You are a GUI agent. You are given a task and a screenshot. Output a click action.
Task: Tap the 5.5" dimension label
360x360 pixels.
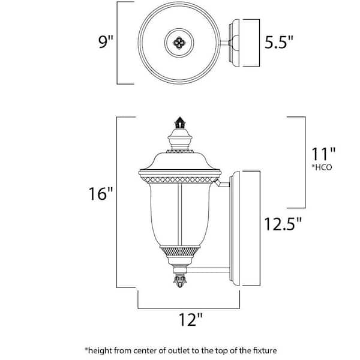(x=280, y=43)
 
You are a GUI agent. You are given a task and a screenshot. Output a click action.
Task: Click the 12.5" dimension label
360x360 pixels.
(x=283, y=224)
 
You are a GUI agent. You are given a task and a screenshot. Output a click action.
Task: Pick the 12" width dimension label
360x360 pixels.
(x=190, y=320)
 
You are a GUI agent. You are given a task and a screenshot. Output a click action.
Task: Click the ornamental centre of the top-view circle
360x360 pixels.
(x=179, y=42)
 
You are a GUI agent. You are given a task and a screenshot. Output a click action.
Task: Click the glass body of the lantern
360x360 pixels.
(x=179, y=213)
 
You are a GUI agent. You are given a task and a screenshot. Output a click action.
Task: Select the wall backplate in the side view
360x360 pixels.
(x=246, y=225)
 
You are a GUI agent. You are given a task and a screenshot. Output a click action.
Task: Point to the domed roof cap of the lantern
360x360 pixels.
(x=179, y=160)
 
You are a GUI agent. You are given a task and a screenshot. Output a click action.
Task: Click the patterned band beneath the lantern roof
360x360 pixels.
(x=179, y=178)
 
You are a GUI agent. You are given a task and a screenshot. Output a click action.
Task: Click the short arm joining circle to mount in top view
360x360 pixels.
(x=226, y=43)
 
